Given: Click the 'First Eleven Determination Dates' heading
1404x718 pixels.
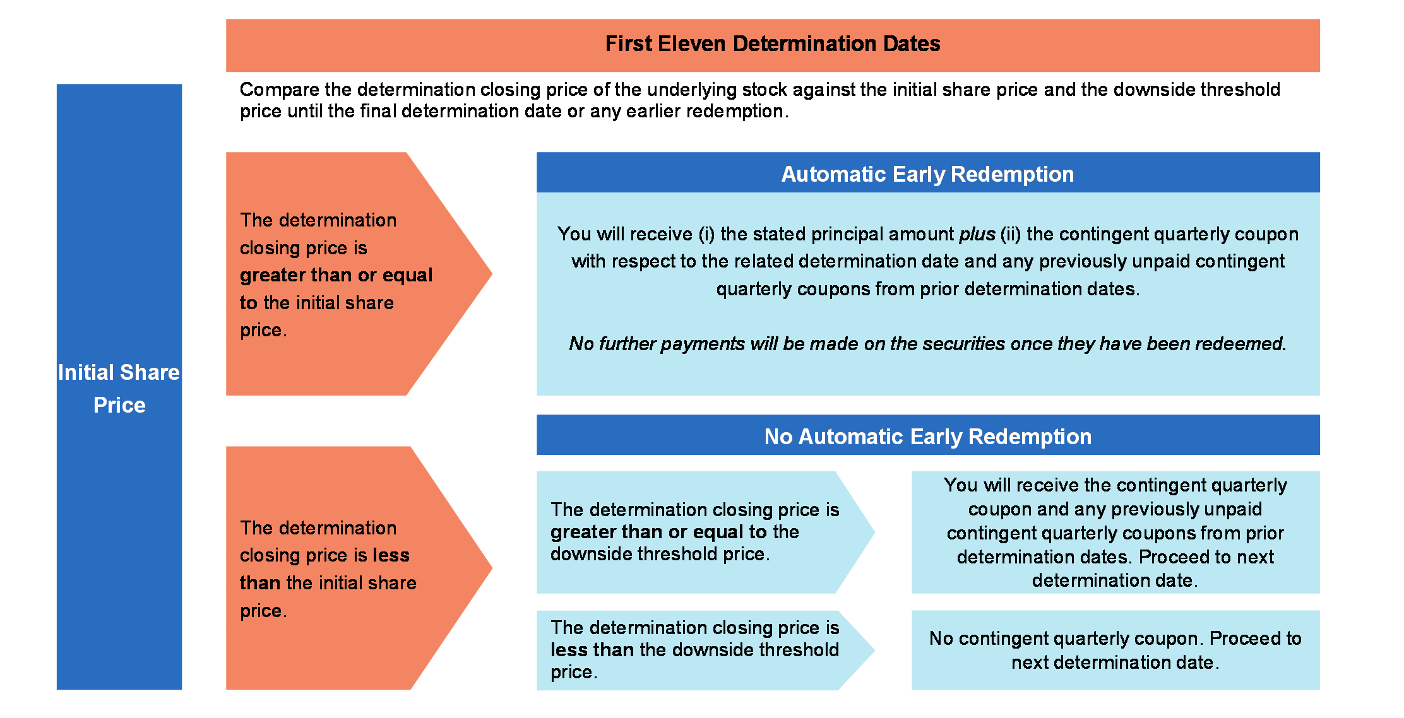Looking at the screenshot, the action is click(773, 44).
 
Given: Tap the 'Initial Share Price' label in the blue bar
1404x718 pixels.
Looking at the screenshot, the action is click(119, 388).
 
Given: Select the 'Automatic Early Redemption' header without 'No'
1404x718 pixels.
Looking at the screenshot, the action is click(927, 174).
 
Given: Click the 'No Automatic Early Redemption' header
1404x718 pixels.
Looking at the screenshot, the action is click(927, 437).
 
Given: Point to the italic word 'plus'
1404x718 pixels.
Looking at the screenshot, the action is click(977, 235).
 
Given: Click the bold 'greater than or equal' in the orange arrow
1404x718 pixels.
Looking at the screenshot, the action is click(336, 275).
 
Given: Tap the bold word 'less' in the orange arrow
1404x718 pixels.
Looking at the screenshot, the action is click(391, 555).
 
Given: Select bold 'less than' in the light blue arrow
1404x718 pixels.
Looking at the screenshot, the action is click(592, 649).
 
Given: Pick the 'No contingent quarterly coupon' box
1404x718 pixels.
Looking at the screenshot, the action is click(1115, 650).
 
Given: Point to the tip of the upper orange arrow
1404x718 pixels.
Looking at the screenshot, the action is click(492, 274).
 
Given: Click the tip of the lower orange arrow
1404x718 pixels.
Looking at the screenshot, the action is click(492, 568).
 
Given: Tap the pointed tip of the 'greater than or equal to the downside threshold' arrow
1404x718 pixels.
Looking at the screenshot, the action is click(874, 532).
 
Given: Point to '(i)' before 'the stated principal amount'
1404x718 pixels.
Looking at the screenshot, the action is click(706, 235).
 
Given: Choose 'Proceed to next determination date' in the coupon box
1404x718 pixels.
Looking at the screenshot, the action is click(1115, 568).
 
